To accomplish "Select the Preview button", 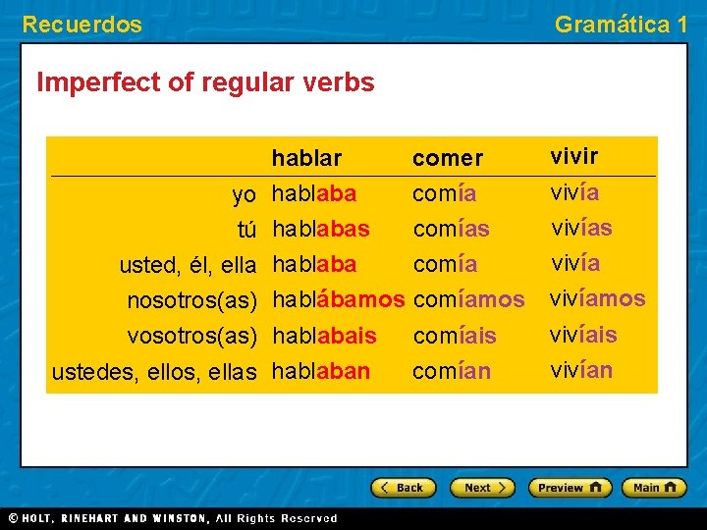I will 570,487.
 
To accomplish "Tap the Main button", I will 657,487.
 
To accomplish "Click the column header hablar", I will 306,158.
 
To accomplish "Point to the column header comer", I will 448,158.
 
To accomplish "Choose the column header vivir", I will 574,157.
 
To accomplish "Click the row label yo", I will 245,194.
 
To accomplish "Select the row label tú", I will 246,230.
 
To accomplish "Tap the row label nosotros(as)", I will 192,299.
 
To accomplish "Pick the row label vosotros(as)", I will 192,336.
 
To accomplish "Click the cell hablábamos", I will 338,299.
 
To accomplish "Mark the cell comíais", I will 455,336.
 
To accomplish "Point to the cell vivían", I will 581,370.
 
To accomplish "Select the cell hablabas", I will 321,230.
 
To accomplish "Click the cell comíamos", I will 469,299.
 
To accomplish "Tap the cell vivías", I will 581,229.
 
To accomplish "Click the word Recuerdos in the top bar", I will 82,25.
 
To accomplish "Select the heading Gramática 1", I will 621,25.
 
